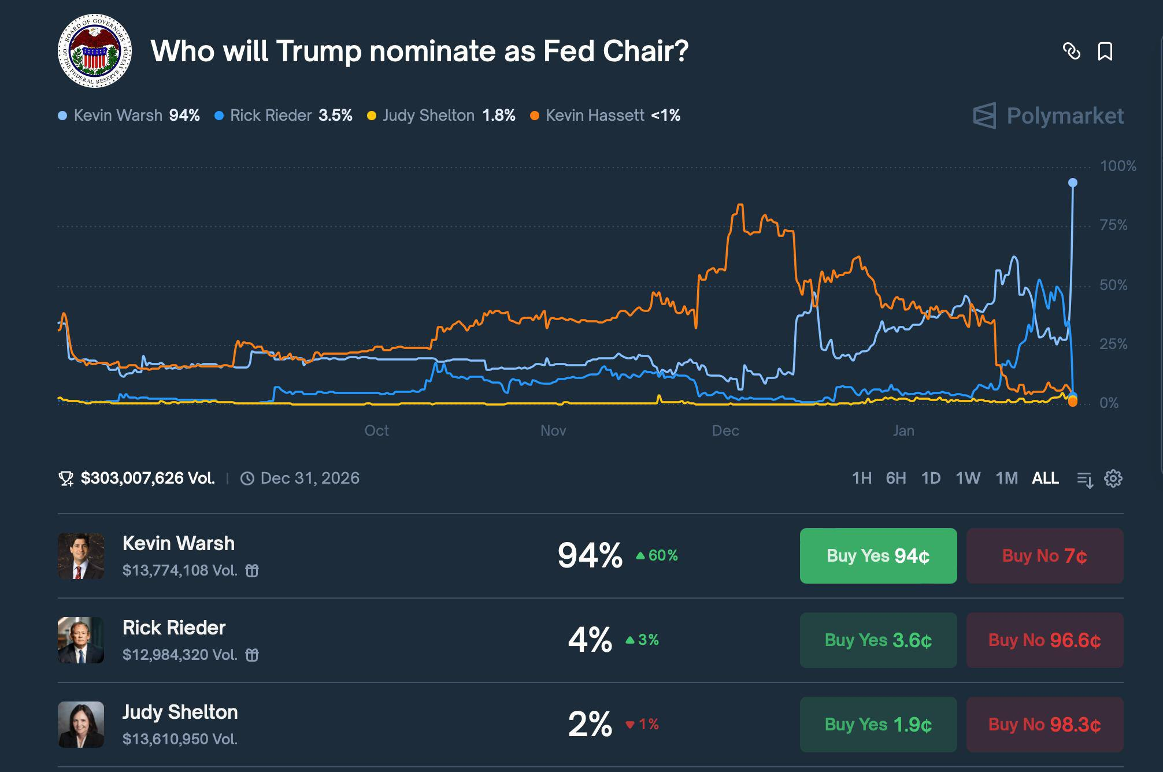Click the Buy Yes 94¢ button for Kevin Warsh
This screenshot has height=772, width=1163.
point(878,556)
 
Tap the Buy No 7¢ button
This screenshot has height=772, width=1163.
point(1045,556)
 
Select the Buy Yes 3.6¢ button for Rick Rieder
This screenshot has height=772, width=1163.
point(878,640)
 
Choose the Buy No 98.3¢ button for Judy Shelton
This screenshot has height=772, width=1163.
point(1045,725)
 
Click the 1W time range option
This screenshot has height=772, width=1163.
point(968,478)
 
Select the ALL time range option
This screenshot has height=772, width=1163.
point(1045,478)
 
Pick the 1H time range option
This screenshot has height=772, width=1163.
point(861,478)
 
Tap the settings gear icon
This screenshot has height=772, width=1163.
point(1113,478)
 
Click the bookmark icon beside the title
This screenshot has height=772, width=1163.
point(1105,51)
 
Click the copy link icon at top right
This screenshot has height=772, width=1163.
point(1071,51)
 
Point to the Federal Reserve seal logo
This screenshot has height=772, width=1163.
point(95,51)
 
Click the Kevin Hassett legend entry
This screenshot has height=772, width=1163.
point(605,116)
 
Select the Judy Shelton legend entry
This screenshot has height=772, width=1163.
point(441,116)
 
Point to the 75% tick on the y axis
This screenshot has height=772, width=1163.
point(1113,225)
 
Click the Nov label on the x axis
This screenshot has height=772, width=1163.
point(553,430)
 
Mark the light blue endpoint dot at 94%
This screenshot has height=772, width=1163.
point(1073,183)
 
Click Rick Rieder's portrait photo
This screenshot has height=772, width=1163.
point(81,640)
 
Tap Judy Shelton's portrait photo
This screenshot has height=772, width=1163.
point(81,725)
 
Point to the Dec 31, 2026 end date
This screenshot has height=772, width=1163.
point(309,478)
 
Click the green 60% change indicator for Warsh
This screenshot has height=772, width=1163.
point(657,556)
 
